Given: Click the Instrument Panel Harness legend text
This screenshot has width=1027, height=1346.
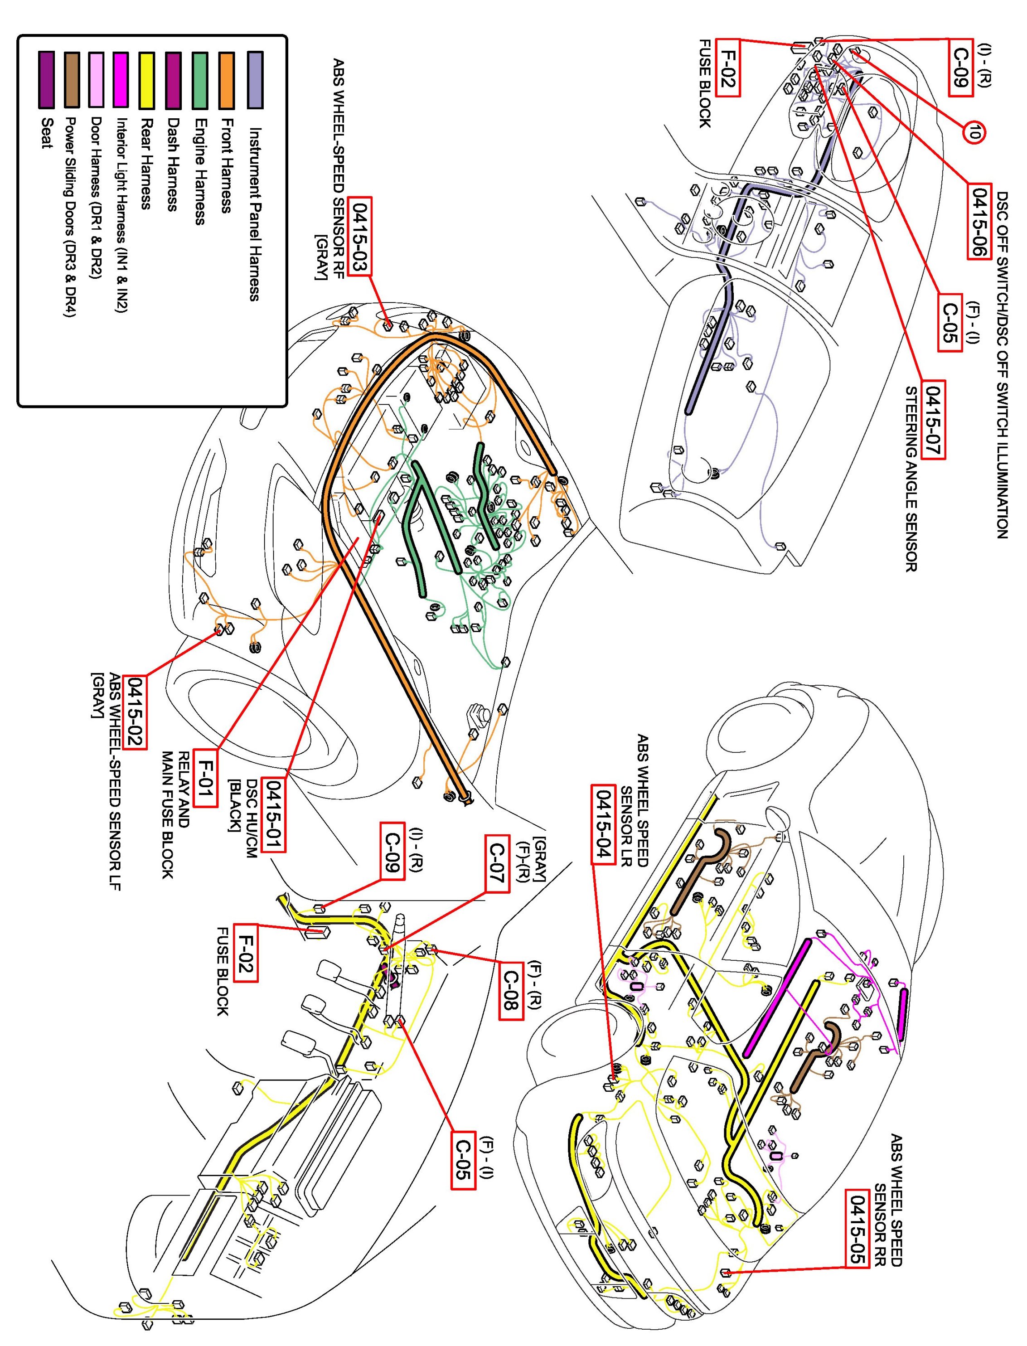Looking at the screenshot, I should pyautogui.click(x=255, y=214).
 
